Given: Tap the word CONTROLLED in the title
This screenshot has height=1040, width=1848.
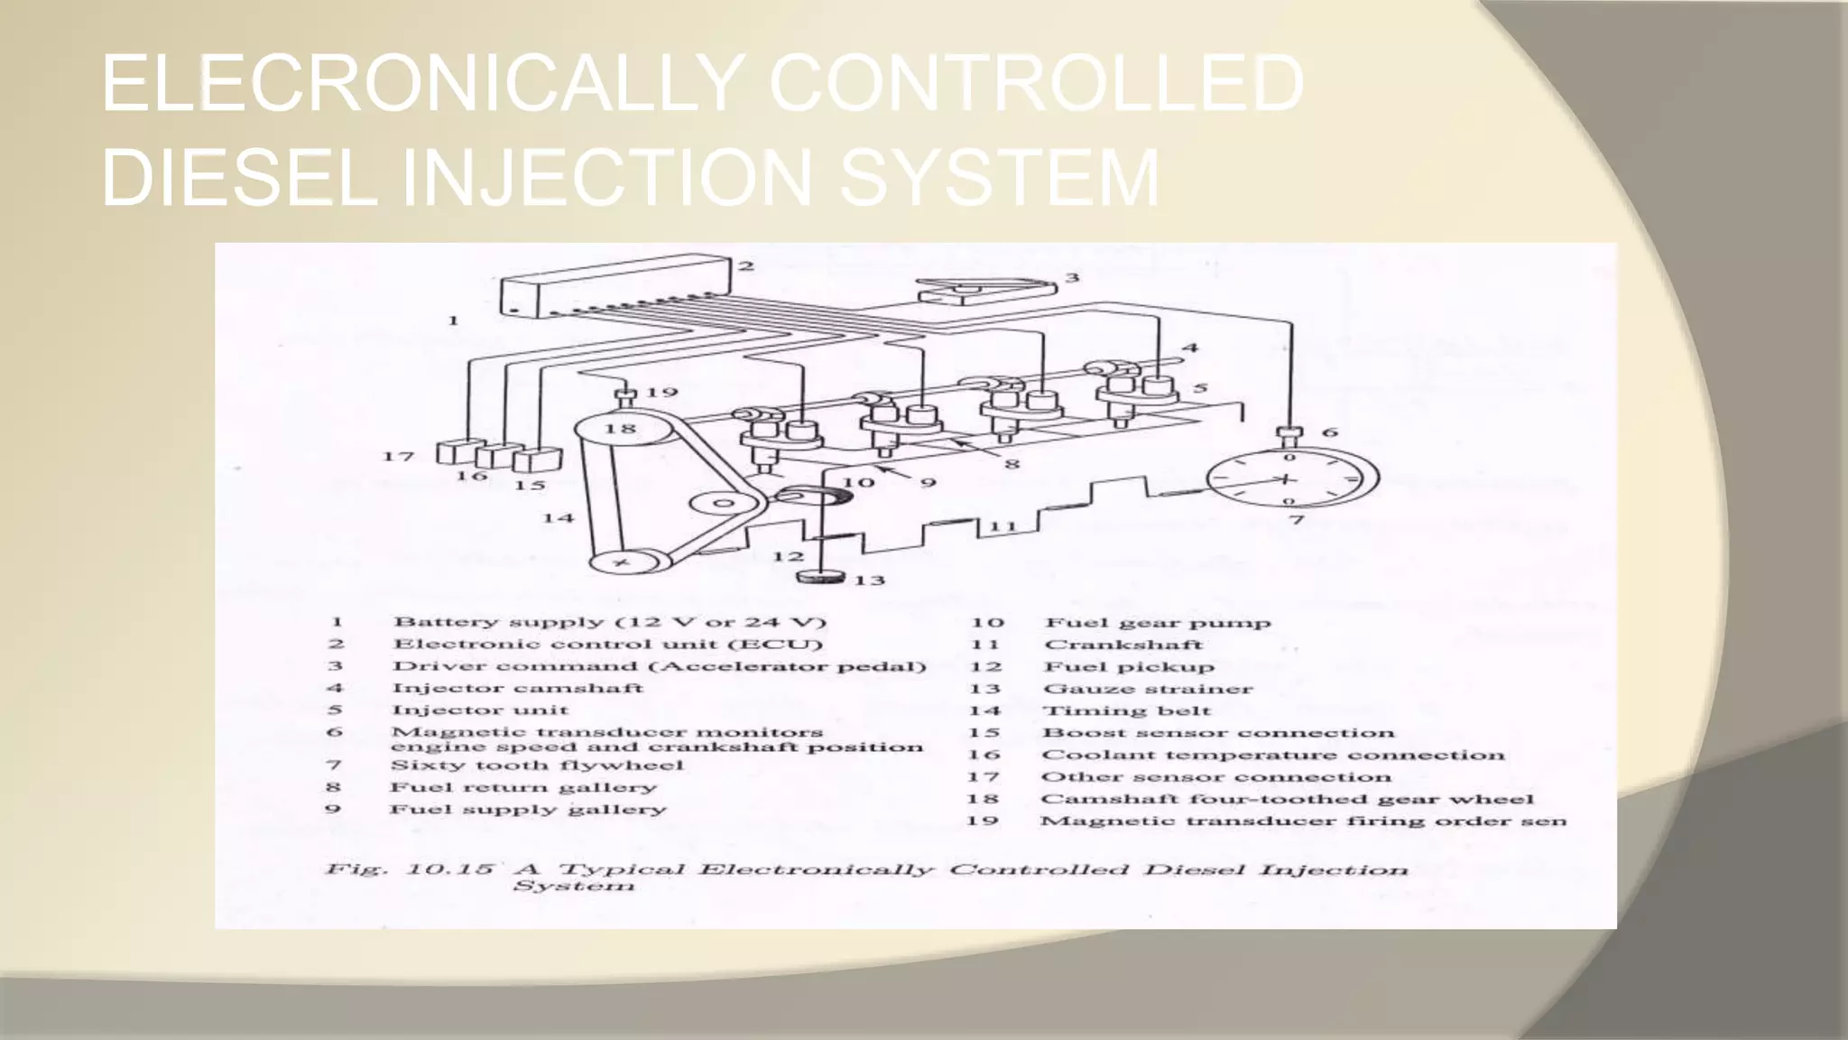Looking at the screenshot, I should coord(1035,84).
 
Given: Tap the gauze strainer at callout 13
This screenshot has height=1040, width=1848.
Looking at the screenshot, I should coord(823,577).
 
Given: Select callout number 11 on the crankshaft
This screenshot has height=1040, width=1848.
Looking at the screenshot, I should coord(1003,526).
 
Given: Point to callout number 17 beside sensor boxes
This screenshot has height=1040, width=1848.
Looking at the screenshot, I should coord(398,457).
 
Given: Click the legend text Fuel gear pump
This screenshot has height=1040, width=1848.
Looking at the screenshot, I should coord(1157,622).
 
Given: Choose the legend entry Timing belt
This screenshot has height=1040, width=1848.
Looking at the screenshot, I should coord(1126,710).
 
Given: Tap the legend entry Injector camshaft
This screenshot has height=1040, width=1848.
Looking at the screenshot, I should coord(517,688).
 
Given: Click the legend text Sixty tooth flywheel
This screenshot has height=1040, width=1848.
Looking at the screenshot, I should coord(537,766).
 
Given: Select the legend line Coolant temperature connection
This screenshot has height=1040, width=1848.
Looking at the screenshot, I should coord(1272,755).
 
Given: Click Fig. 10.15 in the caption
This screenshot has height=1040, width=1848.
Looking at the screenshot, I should coord(410,869).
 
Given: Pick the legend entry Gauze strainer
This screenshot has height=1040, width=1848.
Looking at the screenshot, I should coord(1148,689).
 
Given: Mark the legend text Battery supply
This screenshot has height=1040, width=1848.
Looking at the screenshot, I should coord(498,622).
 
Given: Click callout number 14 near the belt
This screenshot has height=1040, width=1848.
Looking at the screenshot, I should coord(558,518).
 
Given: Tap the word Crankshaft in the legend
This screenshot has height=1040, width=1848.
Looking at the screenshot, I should coord(1123,645).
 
